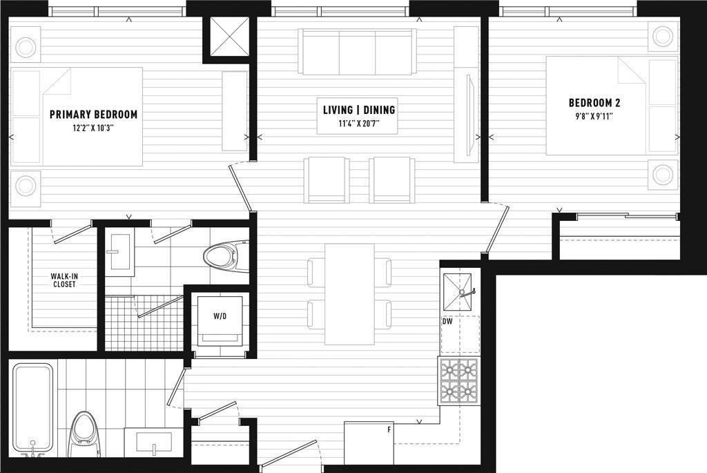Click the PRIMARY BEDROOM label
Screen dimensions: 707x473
pyautogui.click(x=93, y=115)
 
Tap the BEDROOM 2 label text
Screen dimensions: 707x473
pyautogui.click(x=594, y=103)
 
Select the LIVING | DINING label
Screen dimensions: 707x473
pyautogui.click(x=359, y=110)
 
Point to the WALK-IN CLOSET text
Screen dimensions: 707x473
pyautogui.click(x=64, y=280)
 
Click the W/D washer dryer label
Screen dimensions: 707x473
pyautogui.click(x=220, y=316)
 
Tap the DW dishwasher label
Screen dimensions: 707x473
pyautogui.click(x=447, y=322)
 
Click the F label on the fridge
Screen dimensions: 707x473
pyautogui.click(x=389, y=429)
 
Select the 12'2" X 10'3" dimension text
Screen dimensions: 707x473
pyautogui.click(x=93, y=128)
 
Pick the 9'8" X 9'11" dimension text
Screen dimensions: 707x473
pyautogui.click(x=594, y=116)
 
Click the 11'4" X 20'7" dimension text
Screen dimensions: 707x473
pyautogui.click(x=359, y=123)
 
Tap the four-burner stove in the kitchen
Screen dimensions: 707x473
pyautogui.click(x=459, y=380)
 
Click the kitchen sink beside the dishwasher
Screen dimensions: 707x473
pyautogui.click(x=458, y=292)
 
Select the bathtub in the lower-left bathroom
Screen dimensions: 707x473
pyautogui.click(x=32, y=409)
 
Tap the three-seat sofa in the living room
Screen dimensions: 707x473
pyautogui.click(x=358, y=52)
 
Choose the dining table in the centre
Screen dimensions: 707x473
pyautogui.click(x=350, y=294)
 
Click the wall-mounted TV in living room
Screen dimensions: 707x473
pyautogui.click(x=469, y=115)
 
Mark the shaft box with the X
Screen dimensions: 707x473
pyautogui.click(x=229, y=37)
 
